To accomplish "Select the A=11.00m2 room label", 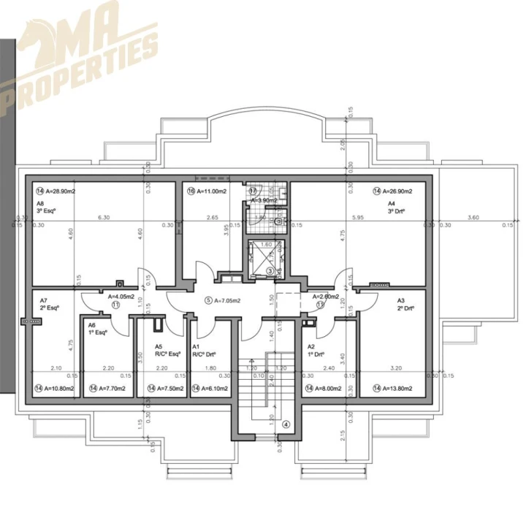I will [208, 191].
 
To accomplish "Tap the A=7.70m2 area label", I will [107, 388].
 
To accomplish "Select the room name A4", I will [392, 204].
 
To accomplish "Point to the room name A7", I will [44, 300].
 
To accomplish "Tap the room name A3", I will [400, 300].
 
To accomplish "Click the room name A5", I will [159, 347].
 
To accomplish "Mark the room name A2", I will [310, 347].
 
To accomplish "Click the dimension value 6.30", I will [103, 217].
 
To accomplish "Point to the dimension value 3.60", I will [473, 217].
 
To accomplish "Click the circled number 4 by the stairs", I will [286, 424].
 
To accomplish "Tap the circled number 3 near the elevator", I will [270, 271].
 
